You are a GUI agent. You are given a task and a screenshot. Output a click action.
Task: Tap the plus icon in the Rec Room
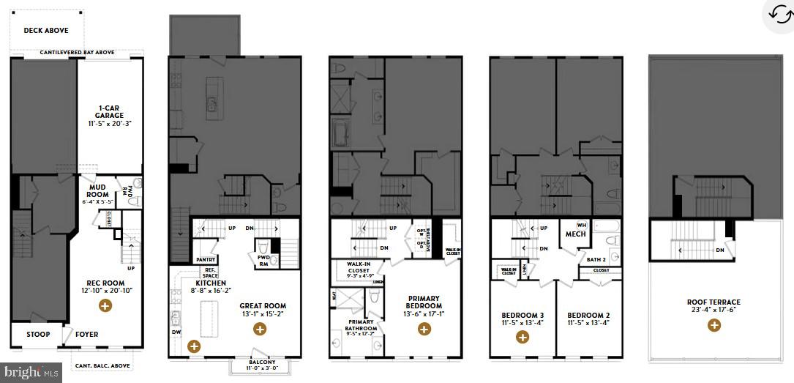click(x=105, y=305)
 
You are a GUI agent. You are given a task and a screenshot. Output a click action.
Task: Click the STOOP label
click(x=38, y=335)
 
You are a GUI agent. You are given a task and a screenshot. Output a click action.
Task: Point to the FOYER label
click(x=86, y=335)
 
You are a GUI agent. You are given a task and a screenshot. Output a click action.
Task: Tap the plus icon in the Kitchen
click(x=194, y=346)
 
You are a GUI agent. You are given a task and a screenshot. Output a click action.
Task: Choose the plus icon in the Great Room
click(x=260, y=330)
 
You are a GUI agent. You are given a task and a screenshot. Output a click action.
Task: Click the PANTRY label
click(x=205, y=259)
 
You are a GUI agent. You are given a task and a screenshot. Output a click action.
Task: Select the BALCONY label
click(x=261, y=362)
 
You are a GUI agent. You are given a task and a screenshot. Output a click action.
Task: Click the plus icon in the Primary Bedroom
click(x=424, y=330)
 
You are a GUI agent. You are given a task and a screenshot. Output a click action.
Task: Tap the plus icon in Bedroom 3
click(x=523, y=337)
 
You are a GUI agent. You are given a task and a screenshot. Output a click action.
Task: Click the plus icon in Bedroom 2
click(x=588, y=337)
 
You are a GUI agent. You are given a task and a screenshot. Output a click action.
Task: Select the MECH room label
click(x=574, y=234)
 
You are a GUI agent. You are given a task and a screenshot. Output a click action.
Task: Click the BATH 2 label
click(x=596, y=259)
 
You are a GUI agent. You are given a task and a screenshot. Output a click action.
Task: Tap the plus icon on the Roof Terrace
click(x=714, y=325)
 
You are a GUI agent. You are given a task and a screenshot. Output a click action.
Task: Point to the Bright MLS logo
click(x=29, y=372)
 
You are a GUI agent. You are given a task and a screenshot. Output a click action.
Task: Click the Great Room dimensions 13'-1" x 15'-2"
click(x=263, y=315)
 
